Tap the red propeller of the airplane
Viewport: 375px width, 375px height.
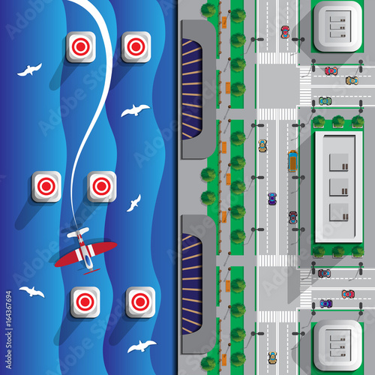pyautogui.click(x=91, y=270)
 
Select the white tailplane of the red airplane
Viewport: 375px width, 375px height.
pyautogui.click(x=77, y=233)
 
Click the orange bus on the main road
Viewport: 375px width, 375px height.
pyautogui.click(x=292, y=159)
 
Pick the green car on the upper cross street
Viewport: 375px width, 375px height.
pyautogui.click(x=325, y=100)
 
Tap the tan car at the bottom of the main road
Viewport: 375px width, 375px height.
pyautogui.click(x=272, y=358)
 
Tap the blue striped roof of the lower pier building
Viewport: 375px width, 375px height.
pyautogui.click(x=193, y=271)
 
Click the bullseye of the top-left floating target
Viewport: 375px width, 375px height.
pyautogui.click(x=80, y=46)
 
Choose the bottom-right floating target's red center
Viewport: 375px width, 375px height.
pyautogui.click(x=140, y=301)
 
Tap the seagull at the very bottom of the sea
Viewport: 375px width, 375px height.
pyautogui.click(x=141, y=346)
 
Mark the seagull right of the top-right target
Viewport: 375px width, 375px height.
pyautogui.click(x=135, y=111)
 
